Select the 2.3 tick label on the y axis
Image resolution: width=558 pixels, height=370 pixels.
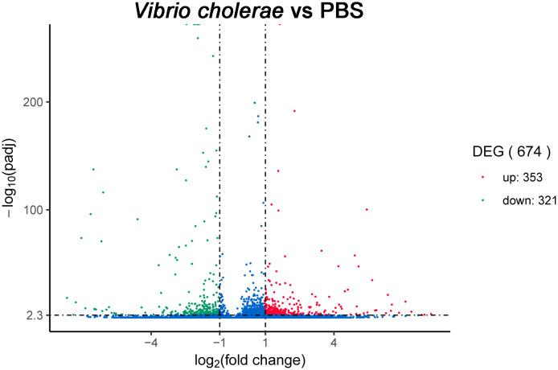(34, 315)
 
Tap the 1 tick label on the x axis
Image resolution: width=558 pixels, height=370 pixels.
(265, 342)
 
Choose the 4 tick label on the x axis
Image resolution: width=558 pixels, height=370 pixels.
(334, 342)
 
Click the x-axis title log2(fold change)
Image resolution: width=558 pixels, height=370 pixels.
(249, 360)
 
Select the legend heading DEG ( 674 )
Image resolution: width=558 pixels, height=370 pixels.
(511, 150)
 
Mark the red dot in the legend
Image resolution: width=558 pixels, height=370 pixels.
(482, 175)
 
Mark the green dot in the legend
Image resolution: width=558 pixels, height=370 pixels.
(482, 200)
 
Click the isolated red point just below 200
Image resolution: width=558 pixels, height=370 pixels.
(294, 111)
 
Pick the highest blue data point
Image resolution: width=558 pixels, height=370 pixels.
(255, 103)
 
